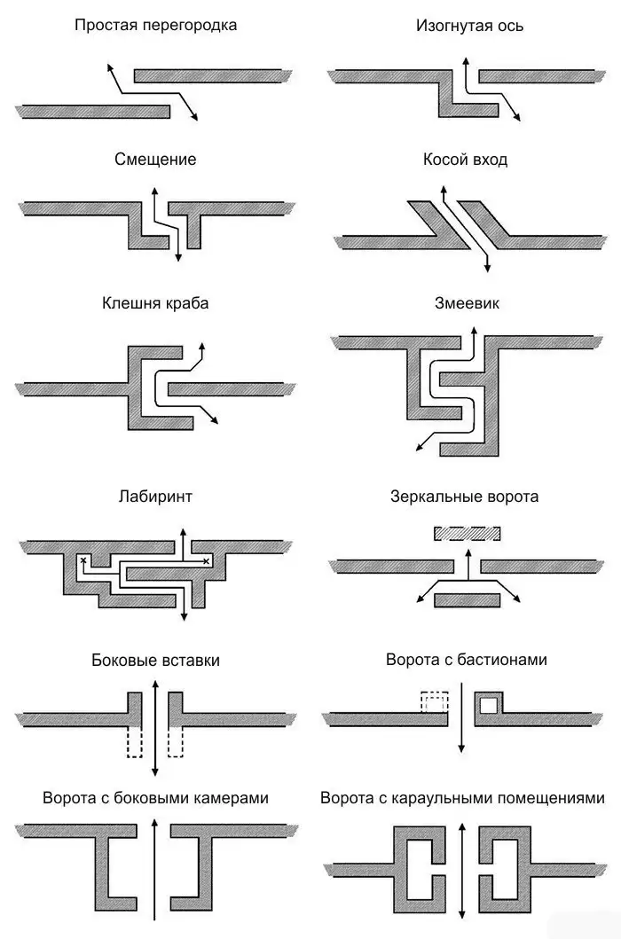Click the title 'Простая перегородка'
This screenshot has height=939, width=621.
point(155,25)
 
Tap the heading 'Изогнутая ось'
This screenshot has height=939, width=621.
point(469,26)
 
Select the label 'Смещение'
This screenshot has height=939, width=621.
point(155,160)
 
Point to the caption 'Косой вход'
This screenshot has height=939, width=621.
point(466,160)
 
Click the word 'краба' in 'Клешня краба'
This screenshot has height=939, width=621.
point(187,303)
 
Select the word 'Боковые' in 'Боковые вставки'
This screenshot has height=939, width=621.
point(122,660)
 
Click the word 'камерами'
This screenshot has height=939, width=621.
point(229,798)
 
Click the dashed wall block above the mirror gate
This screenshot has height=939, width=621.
point(468,534)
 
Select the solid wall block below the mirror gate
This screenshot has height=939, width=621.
point(468,600)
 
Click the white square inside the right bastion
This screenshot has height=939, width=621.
point(489,706)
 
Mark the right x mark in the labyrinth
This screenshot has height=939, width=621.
point(206,561)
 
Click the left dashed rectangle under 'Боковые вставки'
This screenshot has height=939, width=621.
point(134,740)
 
